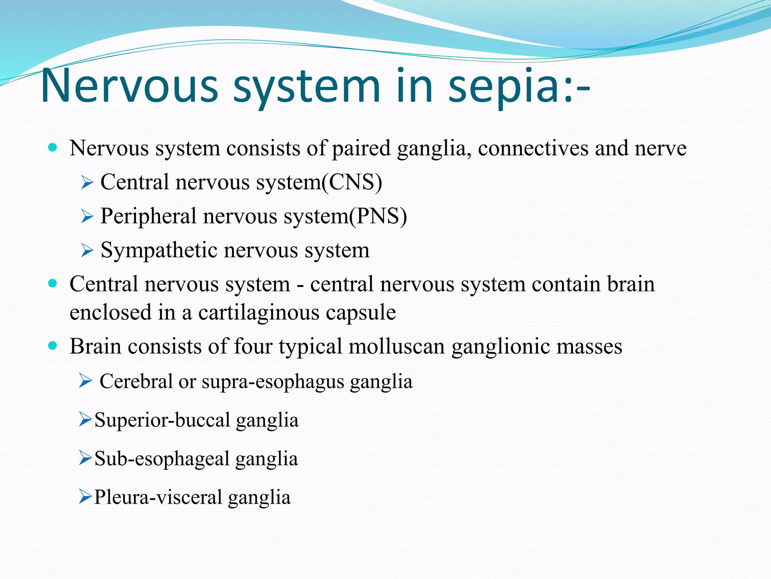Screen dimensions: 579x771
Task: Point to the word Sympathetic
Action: point(159,250)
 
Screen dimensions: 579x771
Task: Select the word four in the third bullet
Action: point(253,346)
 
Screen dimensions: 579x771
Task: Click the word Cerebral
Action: point(136,381)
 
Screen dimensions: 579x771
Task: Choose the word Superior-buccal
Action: point(162,420)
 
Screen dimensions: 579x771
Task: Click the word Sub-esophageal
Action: point(162,459)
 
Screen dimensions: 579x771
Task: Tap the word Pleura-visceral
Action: point(158,497)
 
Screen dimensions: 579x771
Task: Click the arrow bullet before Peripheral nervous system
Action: point(87,216)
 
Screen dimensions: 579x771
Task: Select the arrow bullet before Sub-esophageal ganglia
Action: point(85,458)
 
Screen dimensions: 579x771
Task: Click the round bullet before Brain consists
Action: point(53,345)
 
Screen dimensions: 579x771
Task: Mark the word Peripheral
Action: point(148,216)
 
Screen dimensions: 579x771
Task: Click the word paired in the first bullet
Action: point(361,148)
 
